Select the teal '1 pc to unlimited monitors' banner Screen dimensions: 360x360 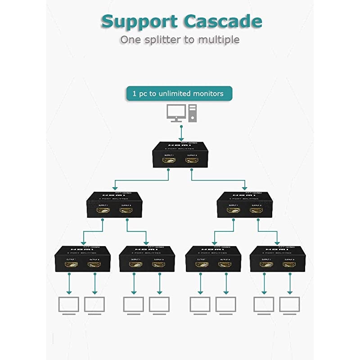[179, 94]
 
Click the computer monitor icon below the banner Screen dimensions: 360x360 [175, 112]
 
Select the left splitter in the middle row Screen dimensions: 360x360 [115, 204]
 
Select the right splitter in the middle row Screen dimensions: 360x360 [245, 204]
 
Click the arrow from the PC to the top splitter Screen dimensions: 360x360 [180, 132]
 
